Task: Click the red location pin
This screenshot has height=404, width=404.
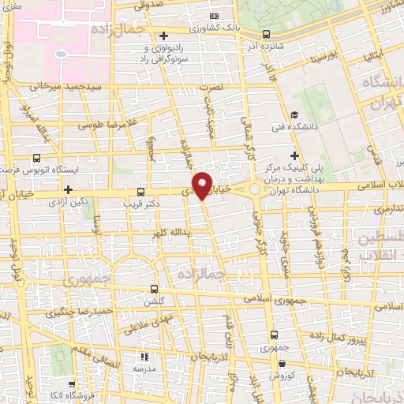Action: coord(203,185)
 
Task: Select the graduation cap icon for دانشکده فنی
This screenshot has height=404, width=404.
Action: coord(294,115)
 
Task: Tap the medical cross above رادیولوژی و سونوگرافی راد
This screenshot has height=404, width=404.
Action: coord(163,35)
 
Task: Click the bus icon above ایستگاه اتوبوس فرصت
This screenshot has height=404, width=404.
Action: coord(38,158)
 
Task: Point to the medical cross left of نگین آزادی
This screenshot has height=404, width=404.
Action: coord(69,189)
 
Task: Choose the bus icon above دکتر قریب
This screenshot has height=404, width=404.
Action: coord(141,191)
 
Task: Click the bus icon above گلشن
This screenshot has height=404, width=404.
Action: coord(155,289)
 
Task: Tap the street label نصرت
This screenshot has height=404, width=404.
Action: coord(214,87)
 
